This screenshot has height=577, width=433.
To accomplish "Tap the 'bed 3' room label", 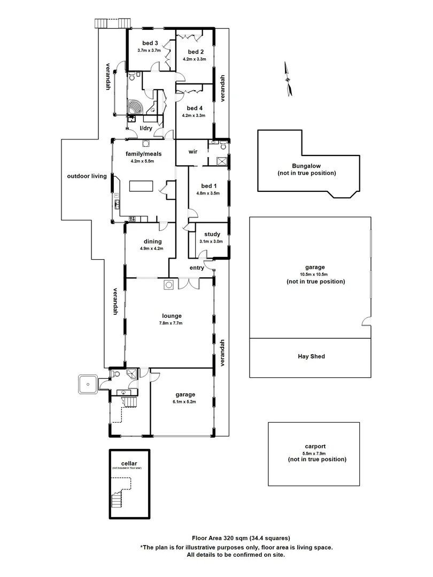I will point(150,43).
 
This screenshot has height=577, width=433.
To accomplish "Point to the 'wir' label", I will point(193,152).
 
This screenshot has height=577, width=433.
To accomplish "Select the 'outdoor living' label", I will point(87,176).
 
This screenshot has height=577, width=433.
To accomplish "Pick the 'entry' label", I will point(196,268).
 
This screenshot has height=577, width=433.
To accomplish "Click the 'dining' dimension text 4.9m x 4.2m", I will point(151,248).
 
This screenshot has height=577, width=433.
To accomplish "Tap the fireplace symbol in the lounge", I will point(168,285).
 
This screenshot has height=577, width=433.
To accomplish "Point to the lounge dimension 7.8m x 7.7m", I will point(171,323).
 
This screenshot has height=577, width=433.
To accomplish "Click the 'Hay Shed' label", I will point(311,356).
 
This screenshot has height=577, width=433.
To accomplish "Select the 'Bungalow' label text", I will point(307,166).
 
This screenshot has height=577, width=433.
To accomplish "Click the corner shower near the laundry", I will point(136,106).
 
